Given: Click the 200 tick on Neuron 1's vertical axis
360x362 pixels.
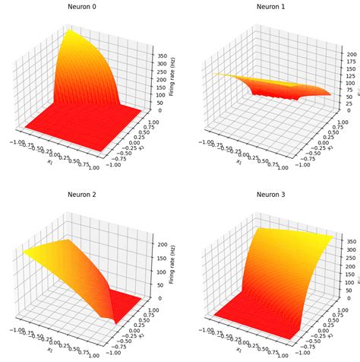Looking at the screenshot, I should click(x=345, y=55).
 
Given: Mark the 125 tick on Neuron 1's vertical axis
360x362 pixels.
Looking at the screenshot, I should click(x=345, y=78).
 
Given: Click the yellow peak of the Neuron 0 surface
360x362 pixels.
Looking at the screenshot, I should click(x=70, y=31).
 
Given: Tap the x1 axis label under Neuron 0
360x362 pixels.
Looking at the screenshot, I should click(x=46, y=162).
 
